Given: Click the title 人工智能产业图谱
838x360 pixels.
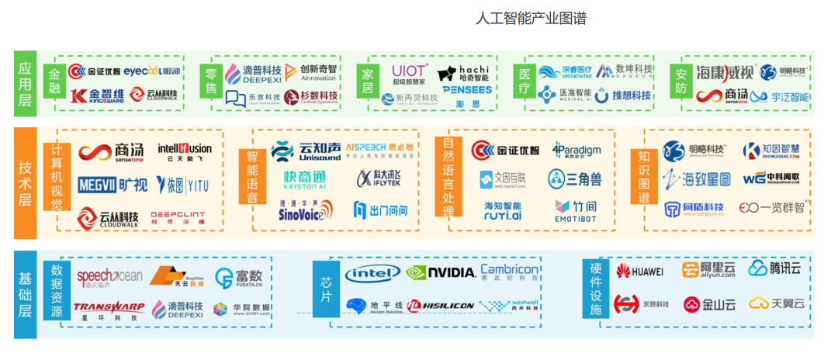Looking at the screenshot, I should pyautogui.click(x=531, y=18).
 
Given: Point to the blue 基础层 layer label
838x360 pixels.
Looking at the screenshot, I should pyautogui.click(x=25, y=293).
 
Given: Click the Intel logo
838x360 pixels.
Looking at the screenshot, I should pyautogui.click(x=372, y=272).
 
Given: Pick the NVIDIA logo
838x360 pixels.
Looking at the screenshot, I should pyautogui.click(x=441, y=272).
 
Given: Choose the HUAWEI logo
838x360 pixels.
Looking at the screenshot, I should pyautogui.click(x=639, y=272).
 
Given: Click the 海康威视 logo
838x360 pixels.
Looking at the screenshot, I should pyautogui.click(x=724, y=73).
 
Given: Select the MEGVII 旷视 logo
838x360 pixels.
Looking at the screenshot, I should pyautogui.click(x=112, y=185).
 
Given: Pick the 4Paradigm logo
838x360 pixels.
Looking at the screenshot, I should pyautogui.click(x=576, y=151).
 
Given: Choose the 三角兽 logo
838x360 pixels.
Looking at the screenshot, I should pyautogui.click(x=575, y=180).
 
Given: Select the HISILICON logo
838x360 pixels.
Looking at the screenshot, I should pyautogui.click(x=440, y=306).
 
